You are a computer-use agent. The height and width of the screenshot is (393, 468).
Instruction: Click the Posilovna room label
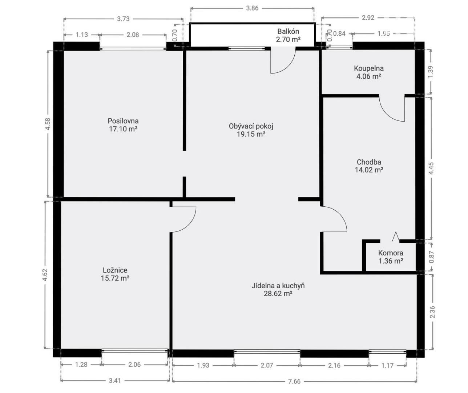(x=123, y=121)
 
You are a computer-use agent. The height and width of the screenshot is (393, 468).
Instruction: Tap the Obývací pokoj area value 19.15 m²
(x=251, y=134)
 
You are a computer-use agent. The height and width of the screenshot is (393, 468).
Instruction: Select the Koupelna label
(x=369, y=68)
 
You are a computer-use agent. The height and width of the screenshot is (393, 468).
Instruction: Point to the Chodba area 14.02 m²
(x=369, y=170)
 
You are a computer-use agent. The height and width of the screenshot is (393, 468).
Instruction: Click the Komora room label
(x=391, y=253)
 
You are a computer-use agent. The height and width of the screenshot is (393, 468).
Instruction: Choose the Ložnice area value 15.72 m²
(x=115, y=278)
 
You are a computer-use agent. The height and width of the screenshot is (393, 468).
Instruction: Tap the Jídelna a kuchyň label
(x=278, y=286)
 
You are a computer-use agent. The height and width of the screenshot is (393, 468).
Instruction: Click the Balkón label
(x=288, y=31)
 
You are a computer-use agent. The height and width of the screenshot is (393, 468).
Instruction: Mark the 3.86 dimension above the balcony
(x=253, y=8)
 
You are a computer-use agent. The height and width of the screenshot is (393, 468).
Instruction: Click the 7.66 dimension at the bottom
(x=294, y=381)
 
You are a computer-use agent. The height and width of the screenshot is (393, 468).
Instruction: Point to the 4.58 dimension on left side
(x=48, y=124)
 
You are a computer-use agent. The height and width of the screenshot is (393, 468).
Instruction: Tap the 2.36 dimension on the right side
(x=433, y=312)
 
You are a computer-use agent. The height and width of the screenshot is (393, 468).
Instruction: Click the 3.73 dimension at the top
(x=123, y=19)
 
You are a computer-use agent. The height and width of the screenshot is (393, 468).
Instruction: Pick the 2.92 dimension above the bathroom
(x=368, y=17)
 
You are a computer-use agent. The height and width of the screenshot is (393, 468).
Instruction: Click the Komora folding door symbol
(x=396, y=237)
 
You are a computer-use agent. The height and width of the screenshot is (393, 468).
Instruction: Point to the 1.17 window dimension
(x=387, y=365)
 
